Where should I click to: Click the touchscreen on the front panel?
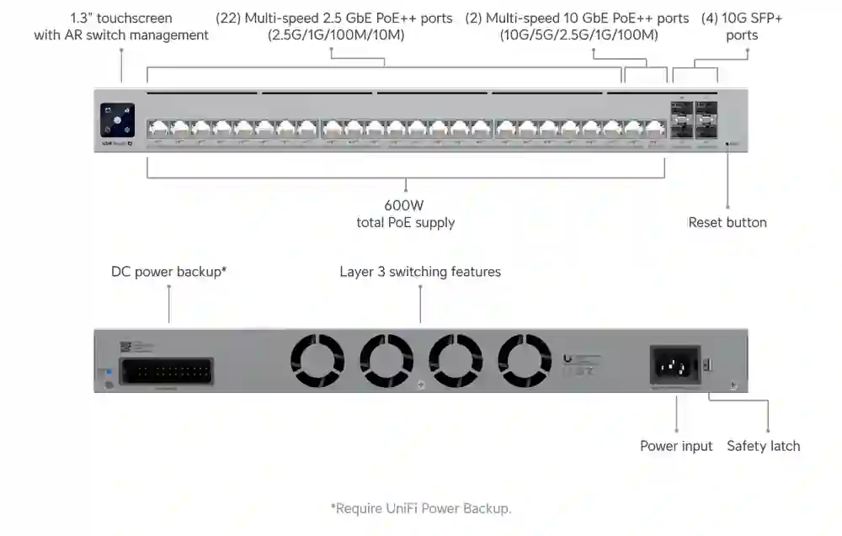117,119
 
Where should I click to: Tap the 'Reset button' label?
727,222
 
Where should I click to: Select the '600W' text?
405,205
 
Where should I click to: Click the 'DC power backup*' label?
169,272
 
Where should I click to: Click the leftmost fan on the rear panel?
317,360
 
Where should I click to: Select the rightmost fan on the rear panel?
524,360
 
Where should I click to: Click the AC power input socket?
675,366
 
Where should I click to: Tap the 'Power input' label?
676,446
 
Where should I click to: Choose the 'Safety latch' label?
764,446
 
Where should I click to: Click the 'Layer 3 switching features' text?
420,272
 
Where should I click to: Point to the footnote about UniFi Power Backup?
421,508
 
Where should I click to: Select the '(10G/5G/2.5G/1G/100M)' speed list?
578,35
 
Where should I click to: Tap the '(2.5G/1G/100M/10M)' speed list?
335,35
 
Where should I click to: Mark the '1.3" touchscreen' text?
121,19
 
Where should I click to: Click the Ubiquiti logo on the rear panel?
568,358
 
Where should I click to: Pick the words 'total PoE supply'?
406,223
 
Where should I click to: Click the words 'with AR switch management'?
121,35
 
